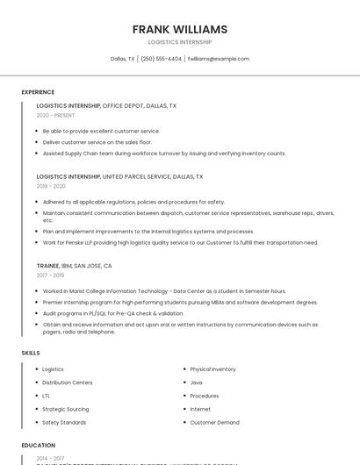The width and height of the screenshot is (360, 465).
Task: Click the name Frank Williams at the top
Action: pos(179,29)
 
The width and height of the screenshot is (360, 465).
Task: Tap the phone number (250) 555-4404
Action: pos(161,59)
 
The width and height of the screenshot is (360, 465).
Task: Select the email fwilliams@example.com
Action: pos(219,59)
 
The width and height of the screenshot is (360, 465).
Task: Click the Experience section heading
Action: pos(38,92)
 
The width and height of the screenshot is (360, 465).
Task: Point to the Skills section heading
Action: pos(30,353)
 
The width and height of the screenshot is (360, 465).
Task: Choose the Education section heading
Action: pos(38,445)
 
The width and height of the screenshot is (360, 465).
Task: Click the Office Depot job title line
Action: pos(106,105)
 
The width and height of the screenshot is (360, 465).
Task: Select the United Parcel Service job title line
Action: pos(119,176)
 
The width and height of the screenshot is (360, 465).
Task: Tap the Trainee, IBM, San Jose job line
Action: pos(74,265)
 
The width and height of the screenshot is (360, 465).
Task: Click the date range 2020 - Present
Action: pos(55,115)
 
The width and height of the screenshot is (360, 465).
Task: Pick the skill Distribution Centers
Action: pos(67,383)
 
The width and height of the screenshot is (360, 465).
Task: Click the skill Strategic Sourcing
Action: pos(65,409)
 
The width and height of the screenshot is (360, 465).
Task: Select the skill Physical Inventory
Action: pos(212,369)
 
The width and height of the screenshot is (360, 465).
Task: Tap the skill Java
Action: pos(196,383)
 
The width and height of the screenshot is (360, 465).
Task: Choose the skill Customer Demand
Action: pos(214,422)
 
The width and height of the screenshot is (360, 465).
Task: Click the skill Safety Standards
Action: pos(64,422)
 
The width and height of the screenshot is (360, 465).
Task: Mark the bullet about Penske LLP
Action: pos(180,242)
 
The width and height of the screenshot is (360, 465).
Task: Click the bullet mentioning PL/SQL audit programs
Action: pos(113,313)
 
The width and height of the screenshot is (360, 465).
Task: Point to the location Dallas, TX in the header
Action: pos(122,59)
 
